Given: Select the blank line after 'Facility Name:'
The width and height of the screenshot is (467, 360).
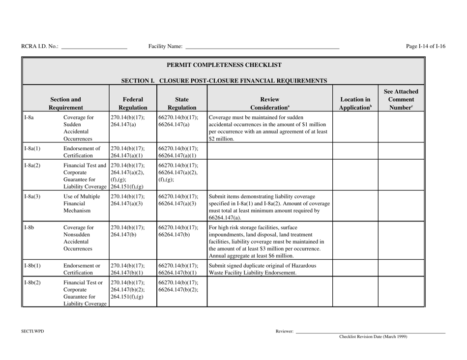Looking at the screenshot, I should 262,47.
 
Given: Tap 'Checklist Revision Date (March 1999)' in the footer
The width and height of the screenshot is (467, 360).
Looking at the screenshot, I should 374,337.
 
